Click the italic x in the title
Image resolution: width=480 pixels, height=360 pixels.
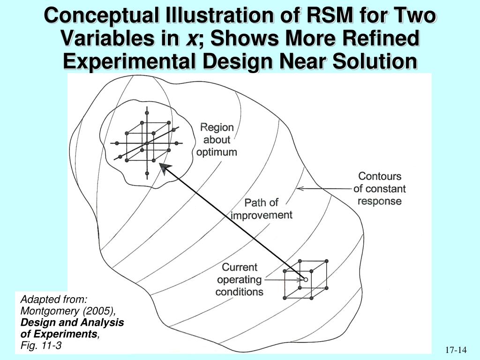(192, 39)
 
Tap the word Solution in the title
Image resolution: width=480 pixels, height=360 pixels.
(375, 61)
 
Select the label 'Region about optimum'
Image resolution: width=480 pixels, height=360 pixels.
(217, 140)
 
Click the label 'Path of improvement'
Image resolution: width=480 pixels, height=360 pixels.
(262, 209)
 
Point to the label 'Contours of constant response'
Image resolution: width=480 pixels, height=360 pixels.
(380, 188)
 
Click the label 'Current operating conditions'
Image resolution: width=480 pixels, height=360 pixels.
(240, 279)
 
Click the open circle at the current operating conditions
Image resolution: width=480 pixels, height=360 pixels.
(305, 279)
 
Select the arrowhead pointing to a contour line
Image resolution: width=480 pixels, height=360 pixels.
(300, 188)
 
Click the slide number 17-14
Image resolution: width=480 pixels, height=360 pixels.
(456, 350)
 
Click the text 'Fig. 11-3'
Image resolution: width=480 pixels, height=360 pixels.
(41, 345)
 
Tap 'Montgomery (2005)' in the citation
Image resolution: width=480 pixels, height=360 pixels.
(68, 311)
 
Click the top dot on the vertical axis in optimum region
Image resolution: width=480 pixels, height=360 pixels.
(147, 113)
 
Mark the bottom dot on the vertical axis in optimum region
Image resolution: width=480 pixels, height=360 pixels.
(147, 173)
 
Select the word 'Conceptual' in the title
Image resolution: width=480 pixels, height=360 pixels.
(101, 15)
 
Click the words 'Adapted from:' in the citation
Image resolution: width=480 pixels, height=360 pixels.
(54, 299)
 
